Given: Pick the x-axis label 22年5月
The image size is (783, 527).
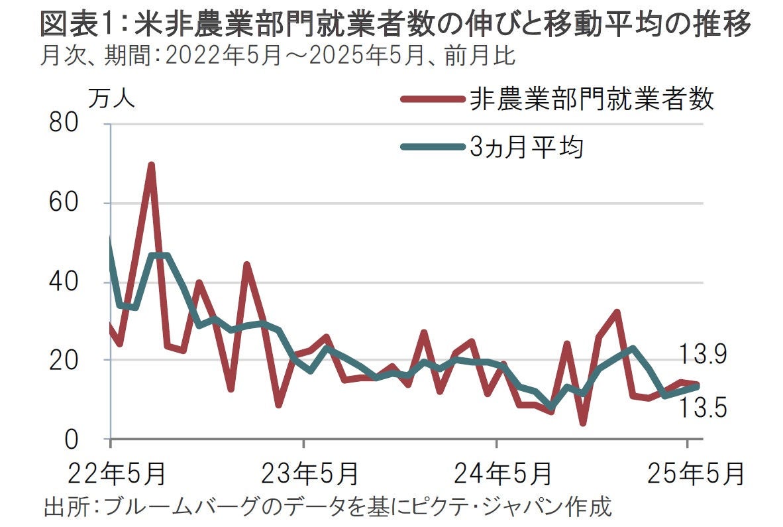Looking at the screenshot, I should [x=110, y=474].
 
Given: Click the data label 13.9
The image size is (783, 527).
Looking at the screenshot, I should [x=702, y=356].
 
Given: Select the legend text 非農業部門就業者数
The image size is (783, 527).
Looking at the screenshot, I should [x=592, y=100].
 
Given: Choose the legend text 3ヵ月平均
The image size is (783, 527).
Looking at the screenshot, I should [x=527, y=148].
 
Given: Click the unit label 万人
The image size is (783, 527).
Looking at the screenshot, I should [x=111, y=99].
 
